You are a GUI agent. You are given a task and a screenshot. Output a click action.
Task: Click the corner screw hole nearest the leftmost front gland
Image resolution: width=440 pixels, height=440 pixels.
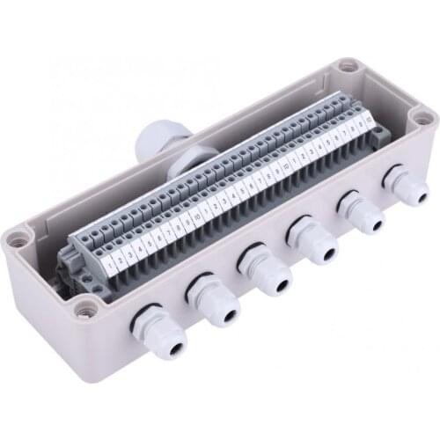pyautogui.click(x=85, y=309)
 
